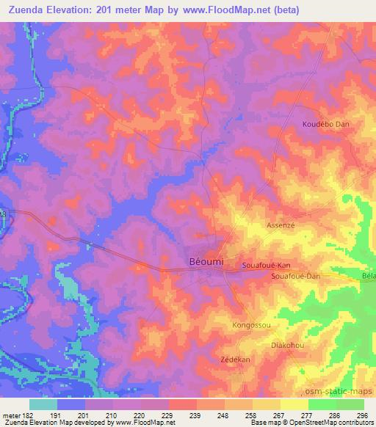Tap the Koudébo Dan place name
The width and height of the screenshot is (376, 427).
(x=325, y=125)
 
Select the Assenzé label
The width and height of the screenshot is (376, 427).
(x=281, y=226)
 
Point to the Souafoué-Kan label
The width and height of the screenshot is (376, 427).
(x=267, y=264)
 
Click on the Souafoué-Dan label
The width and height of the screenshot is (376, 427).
(x=296, y=276)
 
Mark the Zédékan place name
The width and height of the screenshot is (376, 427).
(x=236, y=360)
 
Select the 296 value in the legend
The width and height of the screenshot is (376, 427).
(x=360, y=415)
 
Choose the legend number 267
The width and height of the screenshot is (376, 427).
(x=279, y=415)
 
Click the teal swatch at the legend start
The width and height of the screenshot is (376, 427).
(x=43, y=404)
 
